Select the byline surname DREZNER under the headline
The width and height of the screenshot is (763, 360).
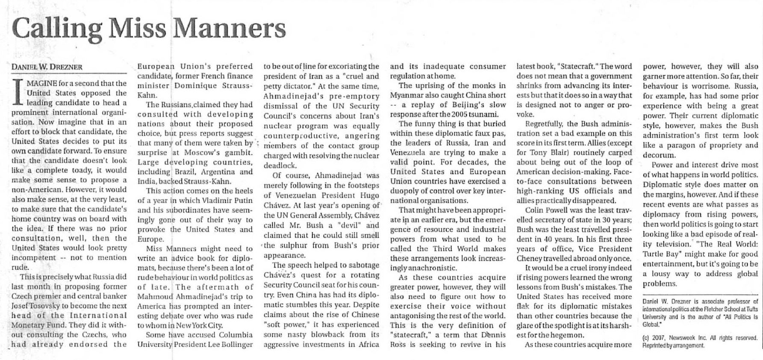click(x=65, y=67)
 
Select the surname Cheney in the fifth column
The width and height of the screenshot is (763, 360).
click(x=532, y=258)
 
